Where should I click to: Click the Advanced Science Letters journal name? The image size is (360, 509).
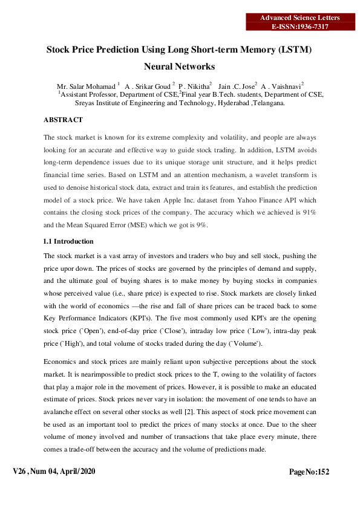[x=299, y=18]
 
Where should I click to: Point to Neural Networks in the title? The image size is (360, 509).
[x=180, y=66]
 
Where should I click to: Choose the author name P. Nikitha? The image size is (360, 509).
[x=193, y=86]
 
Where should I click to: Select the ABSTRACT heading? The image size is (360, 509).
[x=64, y=120]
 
